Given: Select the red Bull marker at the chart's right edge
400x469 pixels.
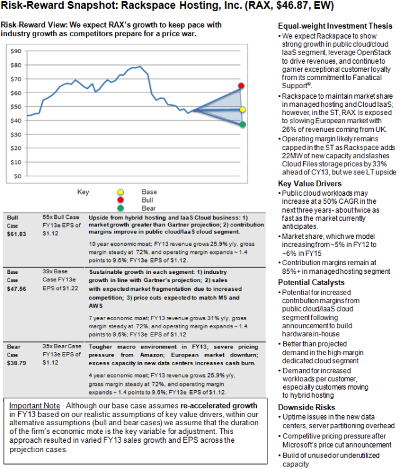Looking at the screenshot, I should tap(241, 86).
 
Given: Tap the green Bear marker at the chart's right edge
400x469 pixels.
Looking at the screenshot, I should tap(242, 124).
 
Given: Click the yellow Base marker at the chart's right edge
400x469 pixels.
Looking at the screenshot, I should tap(242, 109).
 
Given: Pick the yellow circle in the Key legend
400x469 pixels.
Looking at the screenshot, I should tap(121, 191).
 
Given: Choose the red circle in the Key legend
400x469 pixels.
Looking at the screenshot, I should tap(121, 201).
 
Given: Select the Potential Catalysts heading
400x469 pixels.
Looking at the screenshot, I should tap(309, 283).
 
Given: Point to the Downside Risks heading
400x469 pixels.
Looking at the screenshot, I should tap(307, 407).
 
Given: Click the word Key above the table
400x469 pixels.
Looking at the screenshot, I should tap(83, 191).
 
